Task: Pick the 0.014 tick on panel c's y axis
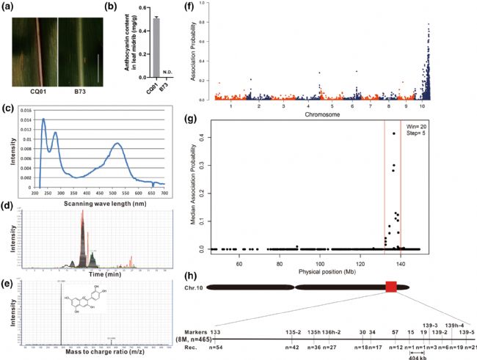click(x=26, y=119)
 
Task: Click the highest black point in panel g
click(x=394, y=133)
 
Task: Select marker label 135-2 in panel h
click(x=294, y=332)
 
